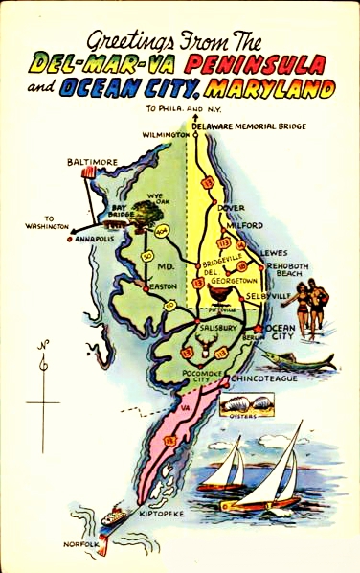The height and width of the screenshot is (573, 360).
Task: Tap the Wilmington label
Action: pos(162,136)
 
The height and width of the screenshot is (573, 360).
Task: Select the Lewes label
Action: pos(273,253)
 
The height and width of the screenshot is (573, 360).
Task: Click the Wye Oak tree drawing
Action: pos(148,217)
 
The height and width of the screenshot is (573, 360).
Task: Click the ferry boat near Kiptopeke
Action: pos(115,516)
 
